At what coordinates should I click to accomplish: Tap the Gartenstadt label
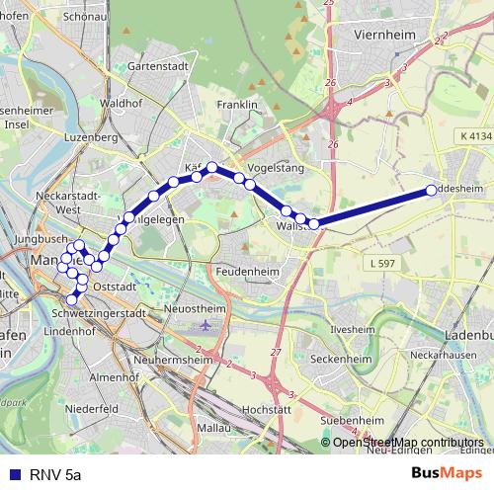pos(158,68)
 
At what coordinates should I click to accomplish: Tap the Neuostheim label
pos(201,309)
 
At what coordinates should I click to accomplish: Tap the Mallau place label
pos(213,429)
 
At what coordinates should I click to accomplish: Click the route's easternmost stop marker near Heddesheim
pos(431,190)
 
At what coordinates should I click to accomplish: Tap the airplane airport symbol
pos(206,324)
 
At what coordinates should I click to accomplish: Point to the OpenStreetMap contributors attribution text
pos(408,443)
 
